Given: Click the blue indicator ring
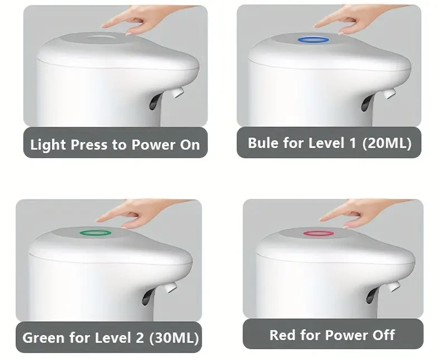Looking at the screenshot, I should (x=313, y=40).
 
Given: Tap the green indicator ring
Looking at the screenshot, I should (x=95, y=233).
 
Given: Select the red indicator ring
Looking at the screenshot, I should (x=318, y=233).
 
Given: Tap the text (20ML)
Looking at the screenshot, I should (x=387, y=143).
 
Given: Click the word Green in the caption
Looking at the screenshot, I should (x=42, y=338).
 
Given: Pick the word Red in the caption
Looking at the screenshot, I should (x=282, y=335).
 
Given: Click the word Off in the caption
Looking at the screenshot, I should (x=382, y=335).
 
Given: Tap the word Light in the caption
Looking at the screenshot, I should (x=48, y=145).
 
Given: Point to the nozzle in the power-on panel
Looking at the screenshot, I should (x=178, y=91).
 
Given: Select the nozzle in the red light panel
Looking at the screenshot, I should (x=394, y=286).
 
